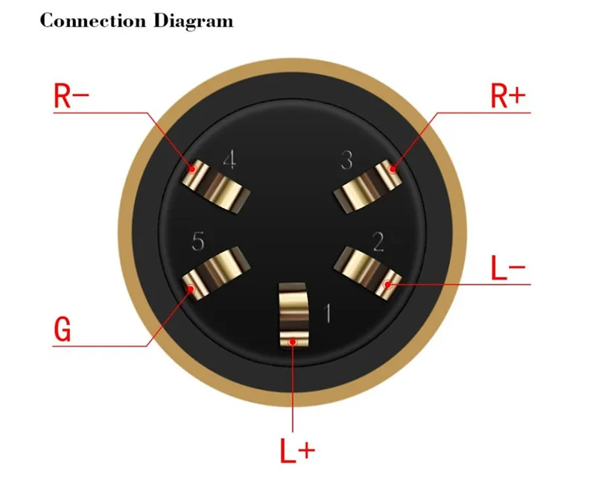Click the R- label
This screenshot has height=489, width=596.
click(72, 96)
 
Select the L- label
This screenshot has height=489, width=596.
click(509, 269)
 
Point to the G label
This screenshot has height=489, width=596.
click(63, 329)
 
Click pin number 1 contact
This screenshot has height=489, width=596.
click(295, 313)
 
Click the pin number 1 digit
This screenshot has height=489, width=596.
click(326, 313)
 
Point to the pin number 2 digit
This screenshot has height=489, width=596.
click(378, 242)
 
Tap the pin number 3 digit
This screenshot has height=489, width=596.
click(346, 160)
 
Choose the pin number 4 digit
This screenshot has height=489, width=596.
click(229, 160)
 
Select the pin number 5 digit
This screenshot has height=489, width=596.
click(197, 242)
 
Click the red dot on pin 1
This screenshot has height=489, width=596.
click(295, 341)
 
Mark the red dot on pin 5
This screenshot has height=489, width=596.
click(191, 287)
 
